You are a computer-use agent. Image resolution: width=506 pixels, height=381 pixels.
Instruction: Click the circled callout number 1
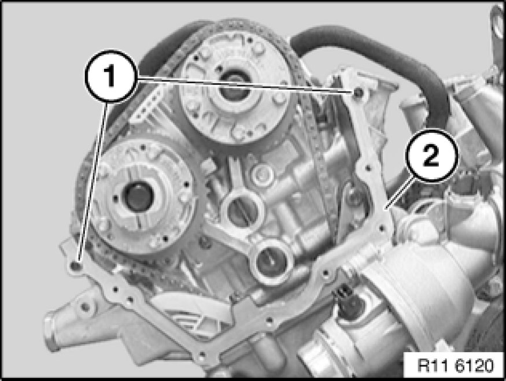[x=110, y=76]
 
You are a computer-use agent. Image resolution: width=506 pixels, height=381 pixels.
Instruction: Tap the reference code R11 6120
[x=455, y=365]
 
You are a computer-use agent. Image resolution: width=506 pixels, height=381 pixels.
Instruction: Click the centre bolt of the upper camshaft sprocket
[x=235, y=87]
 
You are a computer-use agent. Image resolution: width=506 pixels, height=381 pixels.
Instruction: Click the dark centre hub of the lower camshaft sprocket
[x=138, y=197]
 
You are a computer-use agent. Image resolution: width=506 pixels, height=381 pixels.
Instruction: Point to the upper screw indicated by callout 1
[x=358, y=93]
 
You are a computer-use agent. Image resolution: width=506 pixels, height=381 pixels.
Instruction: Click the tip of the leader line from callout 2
[x=385, y=209]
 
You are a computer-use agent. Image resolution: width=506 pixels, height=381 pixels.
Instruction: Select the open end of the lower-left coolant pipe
[x=51, y=332]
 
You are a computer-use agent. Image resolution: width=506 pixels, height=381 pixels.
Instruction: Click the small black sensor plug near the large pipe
[x=343, y=292]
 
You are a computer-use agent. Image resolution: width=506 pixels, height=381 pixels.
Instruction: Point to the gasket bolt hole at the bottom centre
[x=201, y=355]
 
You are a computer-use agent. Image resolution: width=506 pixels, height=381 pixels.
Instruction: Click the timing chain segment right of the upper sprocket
[x=310, y=129]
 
